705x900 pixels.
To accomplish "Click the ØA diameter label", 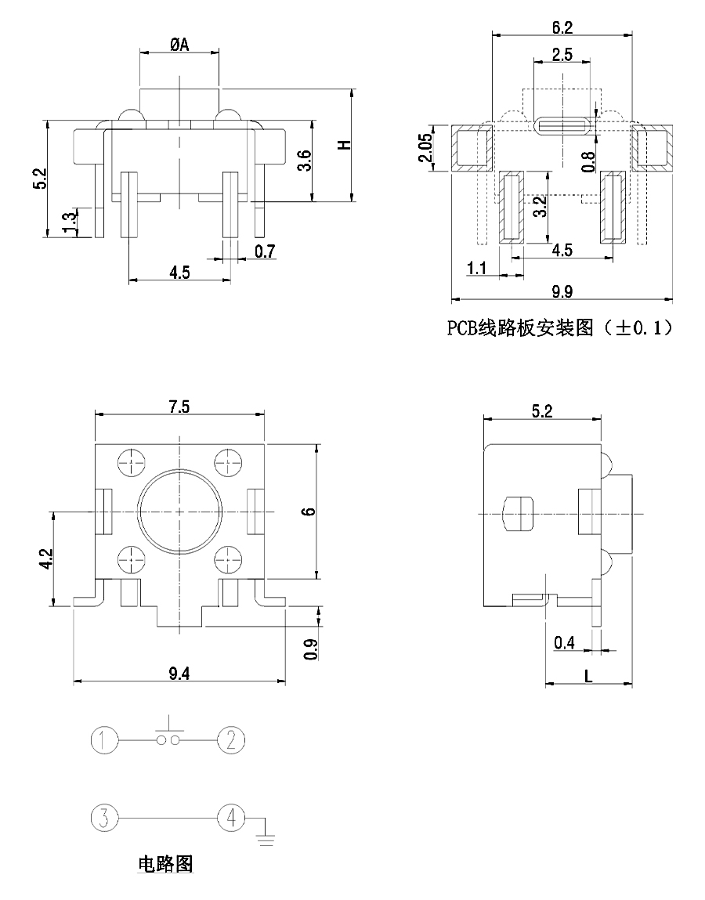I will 179,45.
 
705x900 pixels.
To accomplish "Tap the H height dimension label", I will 342,146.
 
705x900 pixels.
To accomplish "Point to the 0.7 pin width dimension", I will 266,251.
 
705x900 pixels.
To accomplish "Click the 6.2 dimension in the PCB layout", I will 562,27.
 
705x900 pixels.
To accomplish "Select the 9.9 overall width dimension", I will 562,292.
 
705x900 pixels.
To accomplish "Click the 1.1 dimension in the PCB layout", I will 477,269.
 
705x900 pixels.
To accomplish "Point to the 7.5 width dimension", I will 180,406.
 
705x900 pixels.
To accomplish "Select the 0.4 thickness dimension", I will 564,643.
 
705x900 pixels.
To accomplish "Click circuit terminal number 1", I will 104,739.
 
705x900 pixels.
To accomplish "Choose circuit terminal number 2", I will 231,739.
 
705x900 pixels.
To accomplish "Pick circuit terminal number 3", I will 104,818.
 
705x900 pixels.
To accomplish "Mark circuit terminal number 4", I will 231,818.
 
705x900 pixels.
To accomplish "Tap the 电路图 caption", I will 165,864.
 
